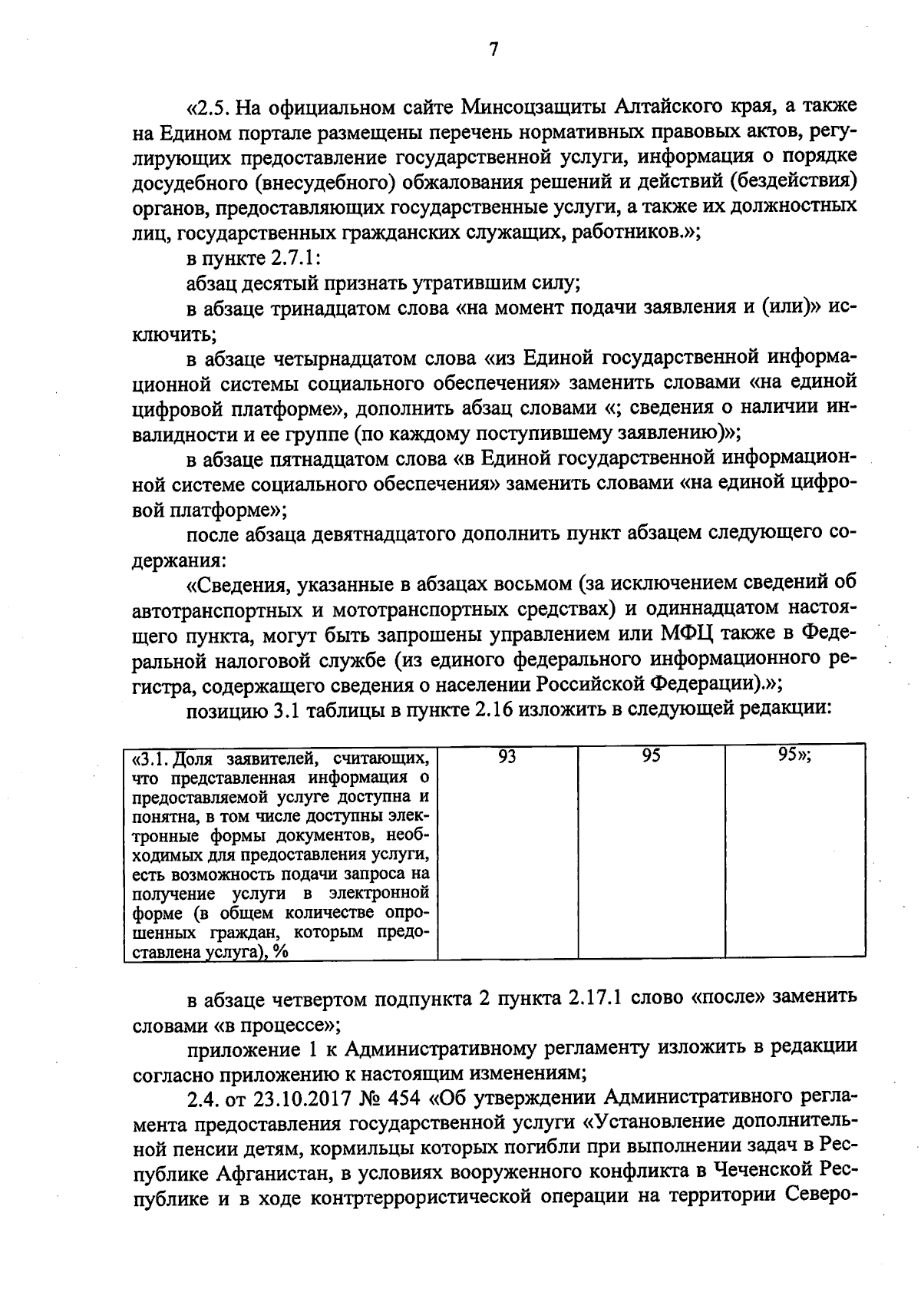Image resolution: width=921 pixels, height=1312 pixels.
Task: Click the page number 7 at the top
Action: tap(494, 50)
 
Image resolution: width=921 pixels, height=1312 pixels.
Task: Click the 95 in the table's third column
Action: tap(652, 757)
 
